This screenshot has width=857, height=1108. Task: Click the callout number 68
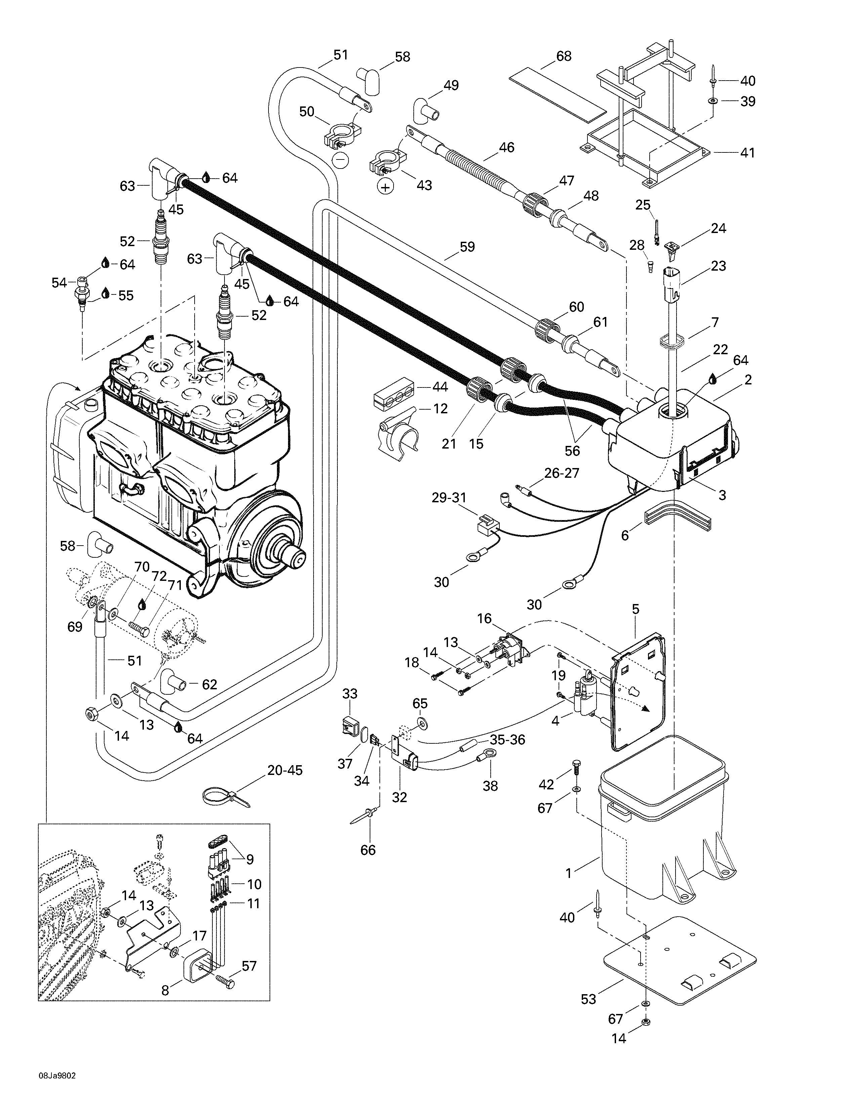564,56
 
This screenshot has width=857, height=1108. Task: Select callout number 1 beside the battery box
569,873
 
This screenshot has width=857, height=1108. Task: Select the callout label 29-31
449,498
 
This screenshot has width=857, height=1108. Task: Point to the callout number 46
506,148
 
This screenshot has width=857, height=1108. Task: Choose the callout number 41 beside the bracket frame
747,152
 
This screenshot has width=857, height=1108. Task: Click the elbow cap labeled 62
174,684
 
